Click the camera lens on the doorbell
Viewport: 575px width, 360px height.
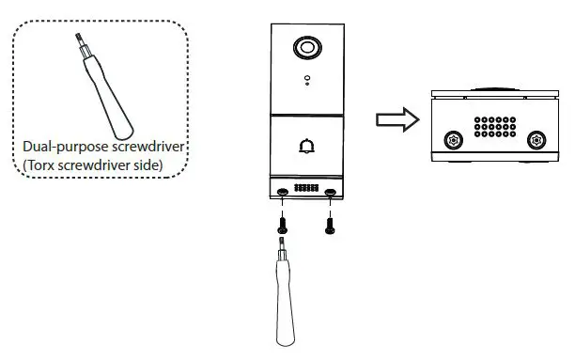306,48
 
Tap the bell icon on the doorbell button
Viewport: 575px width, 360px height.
306,146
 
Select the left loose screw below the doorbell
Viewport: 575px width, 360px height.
283,223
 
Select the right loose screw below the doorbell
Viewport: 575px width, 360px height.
329,223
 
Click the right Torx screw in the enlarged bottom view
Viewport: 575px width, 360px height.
536,140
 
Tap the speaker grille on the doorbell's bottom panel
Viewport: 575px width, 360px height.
306,188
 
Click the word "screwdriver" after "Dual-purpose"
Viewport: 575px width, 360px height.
146,148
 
